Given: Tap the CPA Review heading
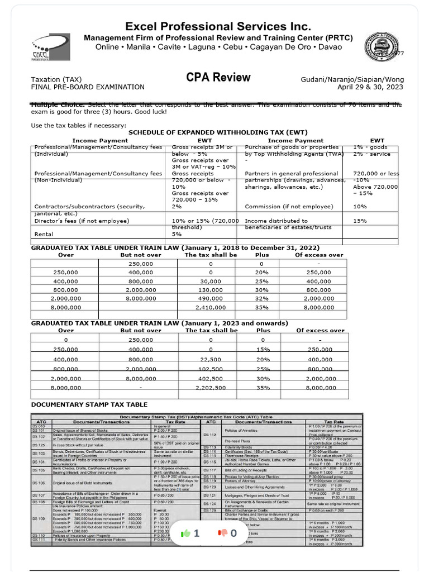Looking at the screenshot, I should (218, 78).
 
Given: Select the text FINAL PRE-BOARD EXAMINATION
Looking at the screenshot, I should (88, 87).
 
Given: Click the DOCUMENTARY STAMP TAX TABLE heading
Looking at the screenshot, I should (89, 404).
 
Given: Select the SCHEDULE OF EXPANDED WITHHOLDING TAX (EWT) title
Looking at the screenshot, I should (218, 132).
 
